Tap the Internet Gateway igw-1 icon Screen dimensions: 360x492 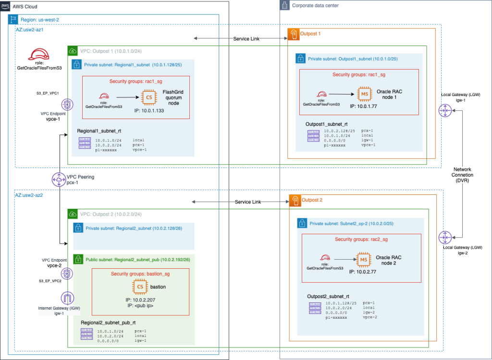click(x=67, y=298)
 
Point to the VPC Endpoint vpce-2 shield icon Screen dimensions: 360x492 click(x=67, y=273)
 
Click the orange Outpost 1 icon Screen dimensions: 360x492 click(x=293, y=34)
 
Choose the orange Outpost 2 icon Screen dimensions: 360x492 click(x=294, y=200)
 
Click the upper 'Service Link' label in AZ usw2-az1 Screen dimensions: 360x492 click(x=247, y=39)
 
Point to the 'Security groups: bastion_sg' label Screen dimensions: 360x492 click(x=140, y=274)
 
